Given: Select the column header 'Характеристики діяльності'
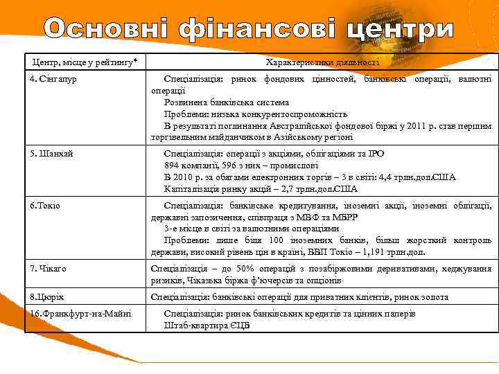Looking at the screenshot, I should pos(322,62).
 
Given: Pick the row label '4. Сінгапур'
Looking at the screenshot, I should pos(54,79).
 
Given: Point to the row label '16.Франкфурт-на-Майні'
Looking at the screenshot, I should pos(77,313).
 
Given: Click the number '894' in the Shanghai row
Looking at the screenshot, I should pos(173,165).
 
